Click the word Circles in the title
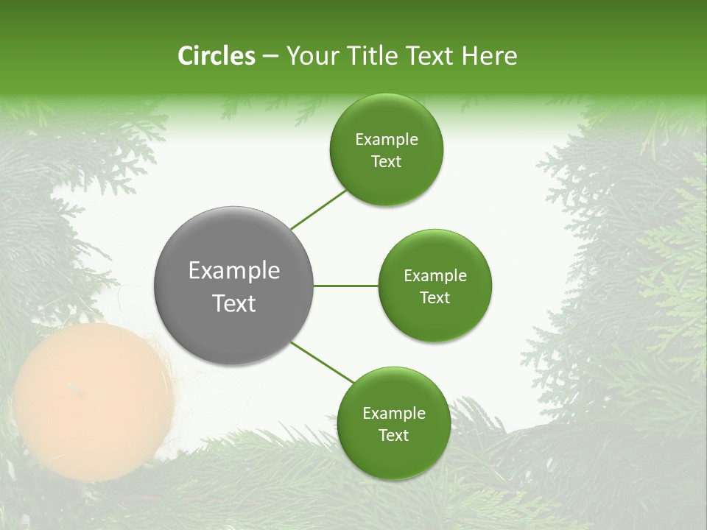pyautogui.click(x=216, y=56)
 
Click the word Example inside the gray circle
pyautogui.click(x=233, y=271)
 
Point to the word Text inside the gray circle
pyautogui.click(x=233, y=303)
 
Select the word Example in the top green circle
pyautogui.click(x=386, y=140)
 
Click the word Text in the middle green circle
pyautogui.click(x=435, y=298)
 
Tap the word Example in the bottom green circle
pyautogui.click(x=393, y=414)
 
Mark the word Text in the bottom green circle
pyautogui.click(x=393, y=436)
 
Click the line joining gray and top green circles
pyautogui.click(x=318, y=209)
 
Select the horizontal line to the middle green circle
pyautogui.click(x=345, y=286)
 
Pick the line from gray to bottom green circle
pyautogui.click(x=323, y=363)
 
